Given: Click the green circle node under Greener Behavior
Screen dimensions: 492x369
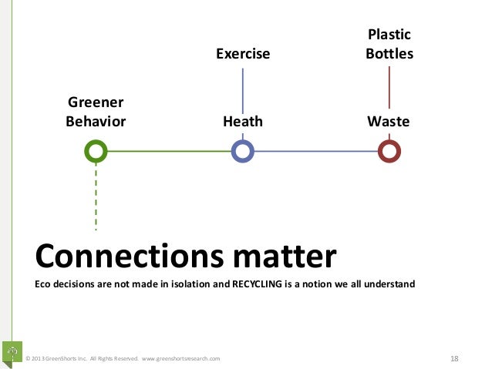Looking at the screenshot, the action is [x=96, y=151].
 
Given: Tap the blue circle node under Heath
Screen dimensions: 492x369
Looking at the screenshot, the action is [x=243, y=151].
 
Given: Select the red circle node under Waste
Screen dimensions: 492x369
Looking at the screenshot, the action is [x=389, y=151].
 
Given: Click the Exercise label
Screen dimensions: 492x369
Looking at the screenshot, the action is [x=243, y=54].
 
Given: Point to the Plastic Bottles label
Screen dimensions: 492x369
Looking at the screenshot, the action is [x=389, y=45].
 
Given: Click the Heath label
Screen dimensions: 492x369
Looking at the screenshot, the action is [x=243, y=122].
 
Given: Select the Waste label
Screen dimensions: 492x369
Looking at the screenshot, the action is [x=389, y=122].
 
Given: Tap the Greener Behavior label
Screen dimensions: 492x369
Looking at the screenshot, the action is [x=96, y=112].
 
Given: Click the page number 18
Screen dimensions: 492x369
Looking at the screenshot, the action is [x=454, y=358].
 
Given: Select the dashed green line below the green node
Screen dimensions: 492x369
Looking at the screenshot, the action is [x=96, y=196].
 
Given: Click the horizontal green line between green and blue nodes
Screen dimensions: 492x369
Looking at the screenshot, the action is [x=169, y=151].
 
